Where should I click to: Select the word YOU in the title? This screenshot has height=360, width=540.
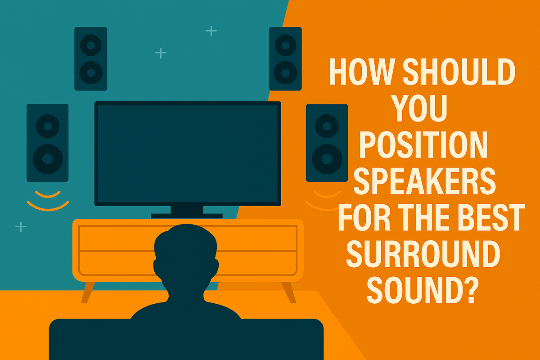coord(421,110)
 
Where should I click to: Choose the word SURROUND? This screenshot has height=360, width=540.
coord(423,254)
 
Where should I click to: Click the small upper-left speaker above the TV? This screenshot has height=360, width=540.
coord(91,58)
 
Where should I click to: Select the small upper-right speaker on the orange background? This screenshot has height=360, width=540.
coord(285,58)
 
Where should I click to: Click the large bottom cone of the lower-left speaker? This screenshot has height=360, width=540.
coord(47,157)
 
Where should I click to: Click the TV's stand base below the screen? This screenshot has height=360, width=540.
coord(187,215)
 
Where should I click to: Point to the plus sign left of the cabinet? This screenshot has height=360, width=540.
coord(21,226)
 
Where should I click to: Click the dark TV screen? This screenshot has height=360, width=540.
coord(188,153)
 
